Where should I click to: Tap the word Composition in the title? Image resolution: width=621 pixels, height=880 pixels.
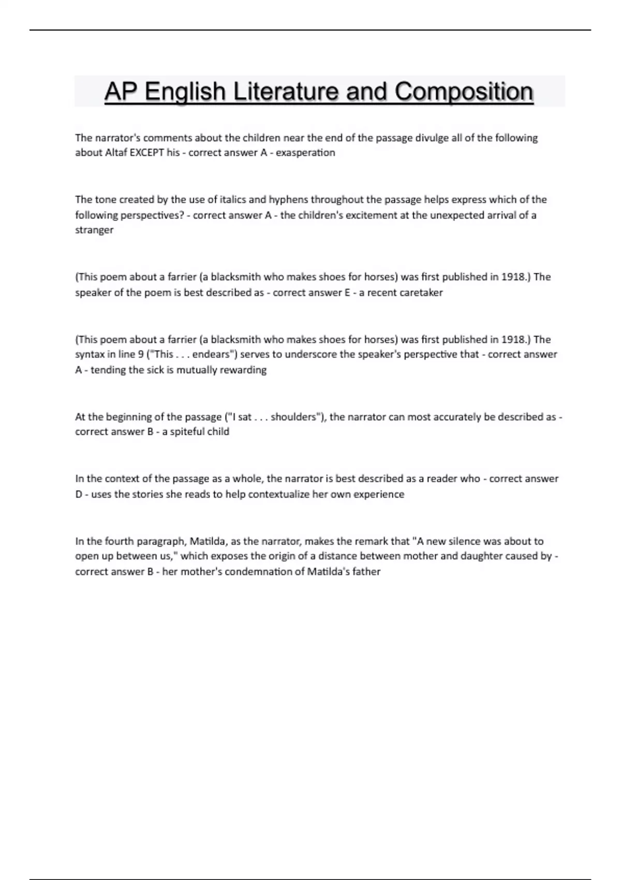tap(464, 92)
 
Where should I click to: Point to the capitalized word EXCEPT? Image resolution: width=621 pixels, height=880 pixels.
tap(146, 153)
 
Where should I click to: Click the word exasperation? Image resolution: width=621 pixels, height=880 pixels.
tap(305, 153)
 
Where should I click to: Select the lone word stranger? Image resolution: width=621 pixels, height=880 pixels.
tap(94, 230)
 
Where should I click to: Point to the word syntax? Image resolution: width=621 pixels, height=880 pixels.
tap(90, 355)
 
